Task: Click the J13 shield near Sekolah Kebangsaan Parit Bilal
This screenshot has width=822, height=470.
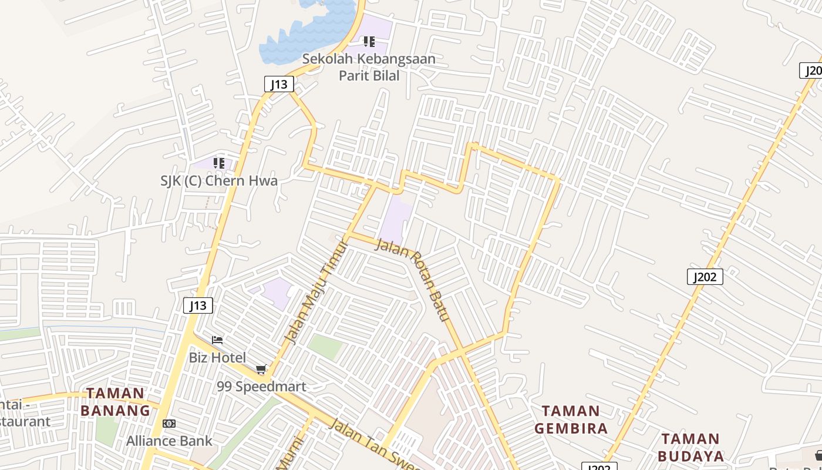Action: [x=278, y=84]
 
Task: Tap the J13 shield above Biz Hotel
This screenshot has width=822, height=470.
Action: [x=198, y=305]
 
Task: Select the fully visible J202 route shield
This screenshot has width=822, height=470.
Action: [x=705, y=277]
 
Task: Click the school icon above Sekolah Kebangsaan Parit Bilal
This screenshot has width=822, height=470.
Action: [x=369, y=42]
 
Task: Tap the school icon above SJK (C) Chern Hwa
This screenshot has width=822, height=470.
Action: [x=219, y=163]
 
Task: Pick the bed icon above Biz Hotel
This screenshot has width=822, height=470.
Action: [x=217, y=340]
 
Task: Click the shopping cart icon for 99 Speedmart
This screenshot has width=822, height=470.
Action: [x=261, y=369]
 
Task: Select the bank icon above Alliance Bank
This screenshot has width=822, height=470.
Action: [x=169, y=424]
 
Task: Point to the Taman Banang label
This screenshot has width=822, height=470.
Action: [x=115, y=402]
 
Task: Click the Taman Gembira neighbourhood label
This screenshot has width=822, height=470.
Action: [x=571, y=419]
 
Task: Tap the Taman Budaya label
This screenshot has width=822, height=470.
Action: [x=690, y=447]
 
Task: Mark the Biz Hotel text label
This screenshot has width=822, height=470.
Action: [x=217, y=357]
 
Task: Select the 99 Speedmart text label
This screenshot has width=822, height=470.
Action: [x=261, y=387]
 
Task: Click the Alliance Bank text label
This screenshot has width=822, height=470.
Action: [x=169, y=441]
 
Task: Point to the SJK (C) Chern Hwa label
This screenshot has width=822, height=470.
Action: [x=219, y=180]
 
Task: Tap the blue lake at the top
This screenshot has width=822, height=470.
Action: [x=305, y=32]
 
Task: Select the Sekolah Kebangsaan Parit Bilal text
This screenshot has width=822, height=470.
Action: [x=369, y=67]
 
